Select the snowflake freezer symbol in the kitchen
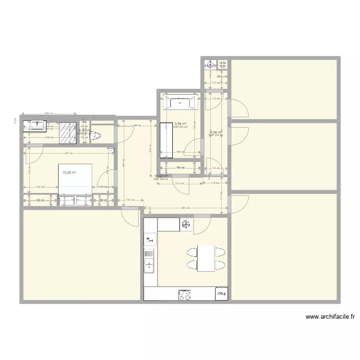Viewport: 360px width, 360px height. point(186,224)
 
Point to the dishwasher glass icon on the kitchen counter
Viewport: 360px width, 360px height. point(149,239)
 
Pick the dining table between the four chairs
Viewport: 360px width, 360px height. point(206,258)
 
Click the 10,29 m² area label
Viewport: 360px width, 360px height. point(69,172)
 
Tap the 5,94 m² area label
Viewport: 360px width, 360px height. point(180,123)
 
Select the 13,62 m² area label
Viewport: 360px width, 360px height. point(161,176)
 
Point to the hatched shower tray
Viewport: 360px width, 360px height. point(68,132)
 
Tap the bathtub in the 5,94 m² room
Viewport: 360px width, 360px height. point(181,102)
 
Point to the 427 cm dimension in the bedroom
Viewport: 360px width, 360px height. point(69,153)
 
